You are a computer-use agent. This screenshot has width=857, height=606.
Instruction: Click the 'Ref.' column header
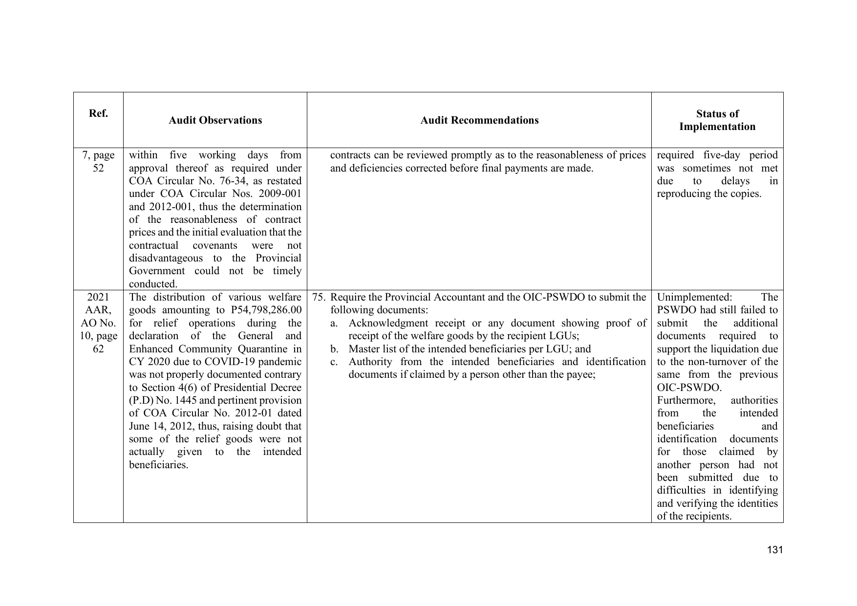click(x=98, y=114)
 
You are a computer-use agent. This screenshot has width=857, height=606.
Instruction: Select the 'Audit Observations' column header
click(x=215, y=120)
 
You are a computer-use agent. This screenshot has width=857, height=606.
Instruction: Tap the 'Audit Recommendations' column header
click(x=479, y=120)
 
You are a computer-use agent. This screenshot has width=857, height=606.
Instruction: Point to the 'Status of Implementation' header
click(x=717, y=120)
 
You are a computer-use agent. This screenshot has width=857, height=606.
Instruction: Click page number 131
click(x=775, y=550)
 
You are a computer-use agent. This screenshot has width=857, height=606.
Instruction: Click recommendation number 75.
click(x=318, y=297)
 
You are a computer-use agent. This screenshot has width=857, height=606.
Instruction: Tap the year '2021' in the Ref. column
click(x=98, y=297)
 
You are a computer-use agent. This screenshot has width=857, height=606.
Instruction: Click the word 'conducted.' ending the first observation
click(x=153, y=284)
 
